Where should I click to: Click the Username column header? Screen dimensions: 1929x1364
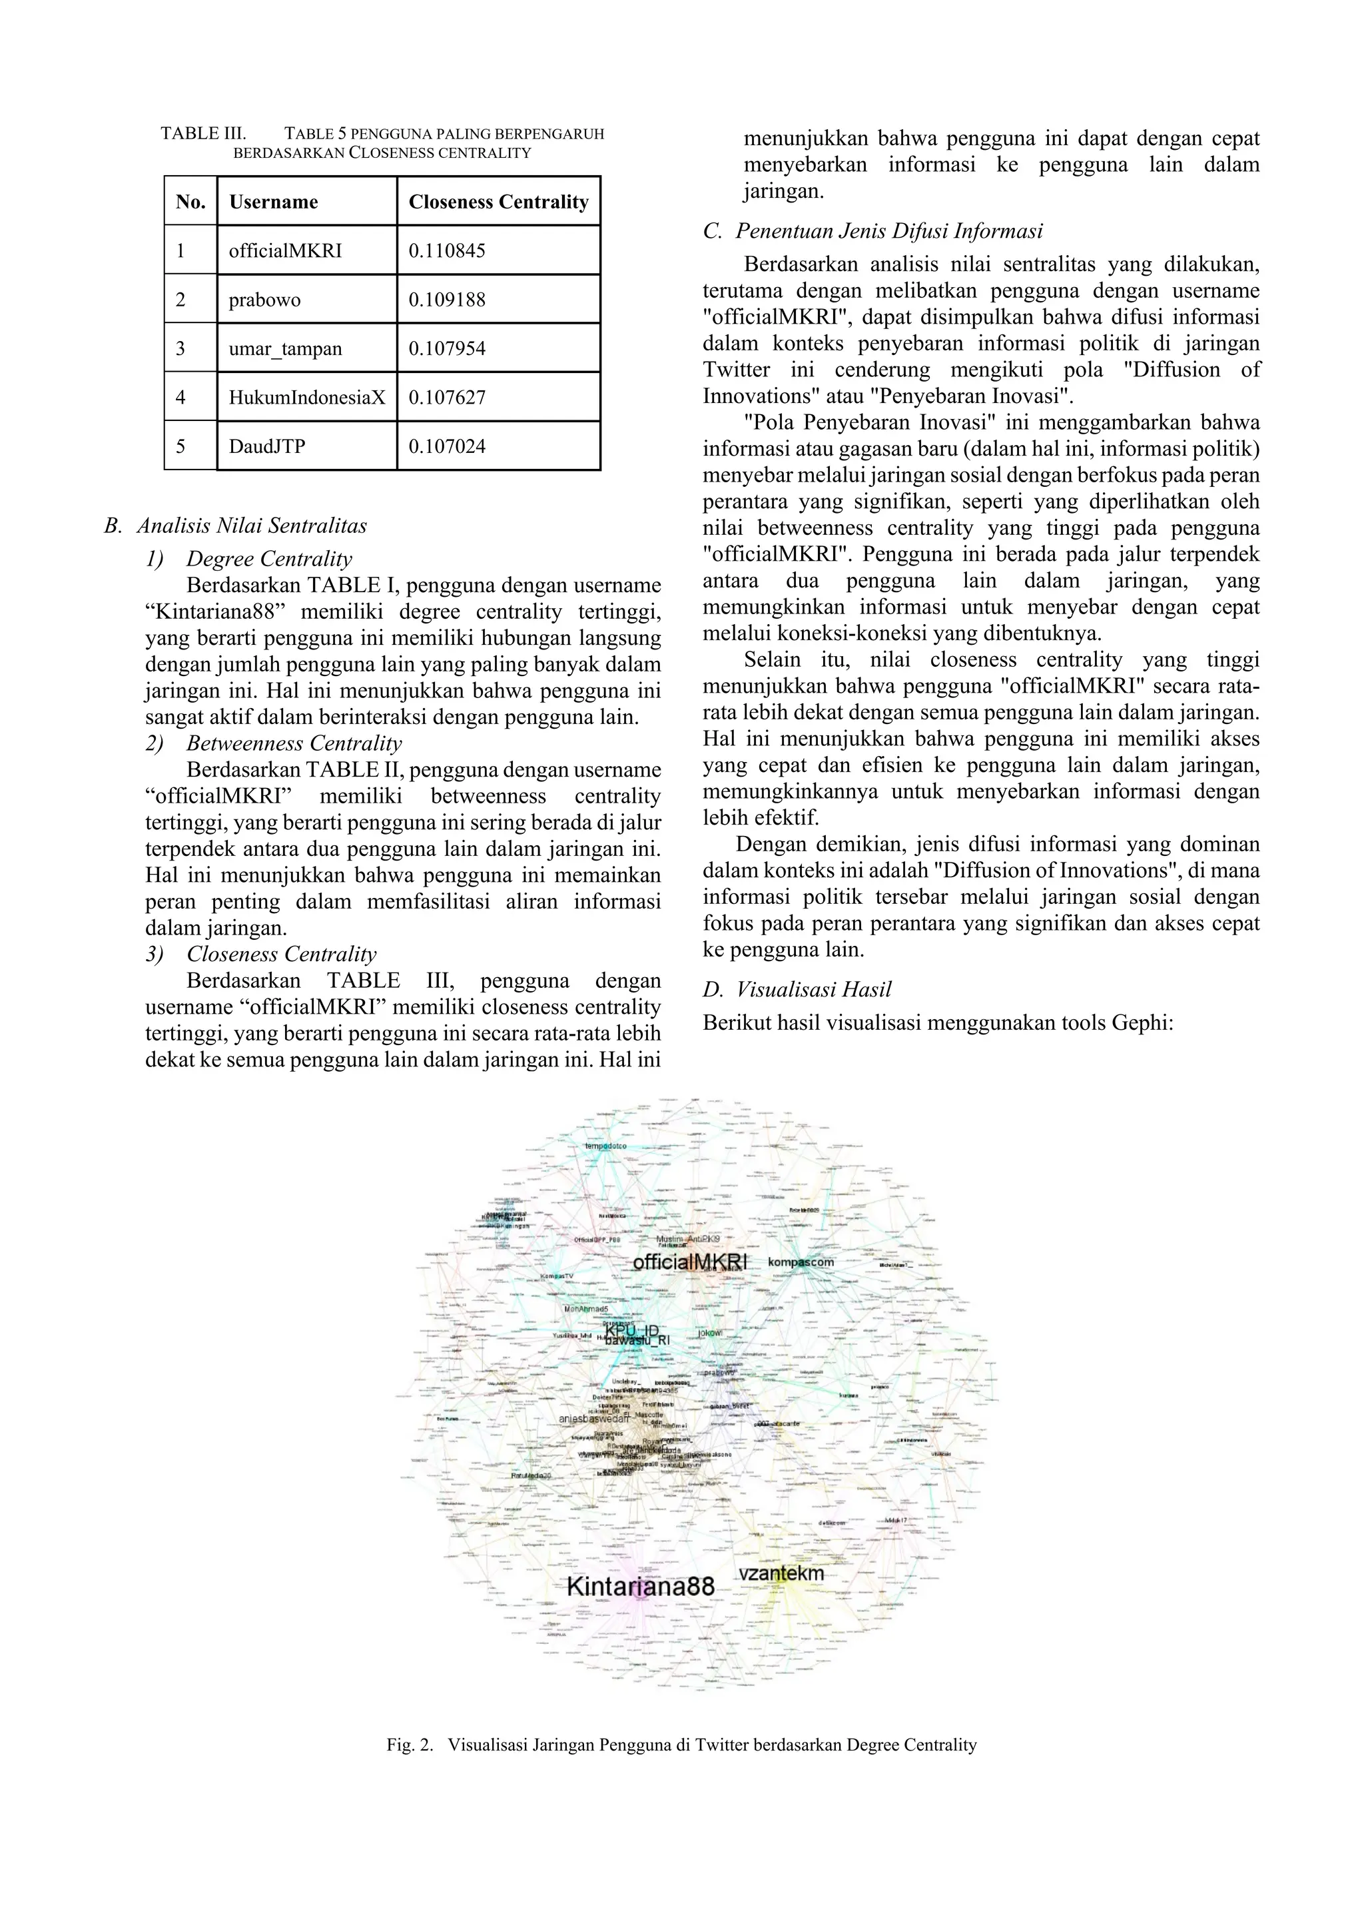(274, 202)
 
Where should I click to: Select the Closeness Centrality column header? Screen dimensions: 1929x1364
(498, 202)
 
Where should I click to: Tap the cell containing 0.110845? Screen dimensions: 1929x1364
(447, 250)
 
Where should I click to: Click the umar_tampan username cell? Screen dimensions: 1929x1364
(285, 348)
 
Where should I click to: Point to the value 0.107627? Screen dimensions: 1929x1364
(447, 398)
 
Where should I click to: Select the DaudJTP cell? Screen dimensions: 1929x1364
(267, 446)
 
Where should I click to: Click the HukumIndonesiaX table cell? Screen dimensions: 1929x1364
(306, 398)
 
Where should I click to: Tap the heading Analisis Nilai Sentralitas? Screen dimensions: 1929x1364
(251, 526)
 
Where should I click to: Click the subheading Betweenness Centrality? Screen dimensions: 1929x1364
(293, 743)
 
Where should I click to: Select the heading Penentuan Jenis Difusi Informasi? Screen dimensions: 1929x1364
(888, 231)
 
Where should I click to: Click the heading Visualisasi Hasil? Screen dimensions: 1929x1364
(813, 990)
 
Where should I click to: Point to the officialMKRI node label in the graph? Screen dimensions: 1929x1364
(689, 1263)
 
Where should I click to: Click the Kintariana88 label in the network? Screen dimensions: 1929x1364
(640, 1586)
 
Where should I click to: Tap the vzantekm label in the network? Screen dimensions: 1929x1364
(781, 1573)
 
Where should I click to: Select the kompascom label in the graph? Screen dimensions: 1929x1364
(801, 1262)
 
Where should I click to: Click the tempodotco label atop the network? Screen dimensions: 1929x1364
(605, 1146)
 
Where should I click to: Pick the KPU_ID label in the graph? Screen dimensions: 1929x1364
(631, 1330)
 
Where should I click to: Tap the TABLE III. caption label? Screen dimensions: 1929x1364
(203, 134)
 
